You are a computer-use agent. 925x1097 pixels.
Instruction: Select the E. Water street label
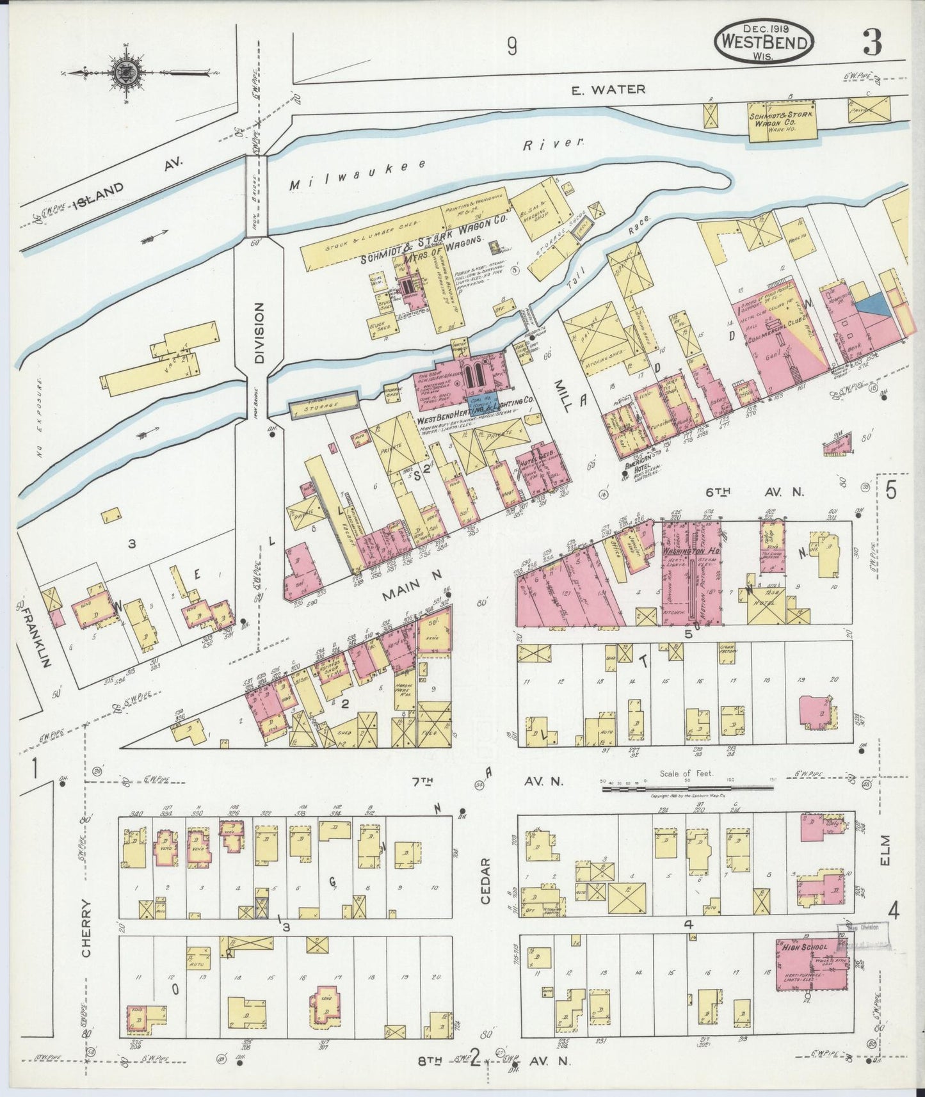pos(609,90)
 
